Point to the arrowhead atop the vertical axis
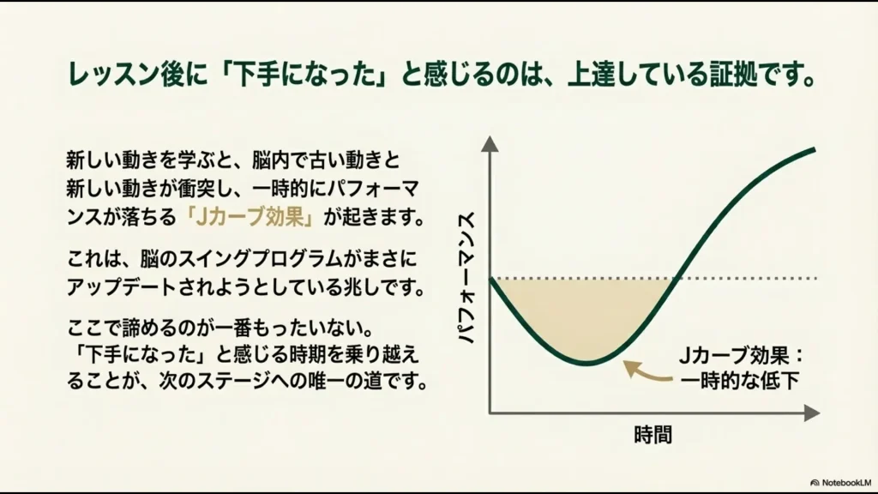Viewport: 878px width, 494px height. pyautogui.click(x=490, y=144)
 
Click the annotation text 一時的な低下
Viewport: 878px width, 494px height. pyautogui.click(x=739, y=380)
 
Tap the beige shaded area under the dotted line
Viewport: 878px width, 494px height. pyautogui.click(x=583, y=317)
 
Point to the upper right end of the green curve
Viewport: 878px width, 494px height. pyautogui.click(x=814, y=149)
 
